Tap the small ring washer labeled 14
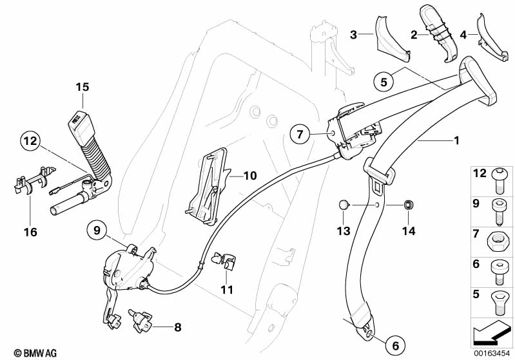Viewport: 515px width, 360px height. pyautogui.click(x=407, y=205)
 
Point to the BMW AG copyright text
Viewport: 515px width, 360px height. pyautogui.click(x=30, y=353)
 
